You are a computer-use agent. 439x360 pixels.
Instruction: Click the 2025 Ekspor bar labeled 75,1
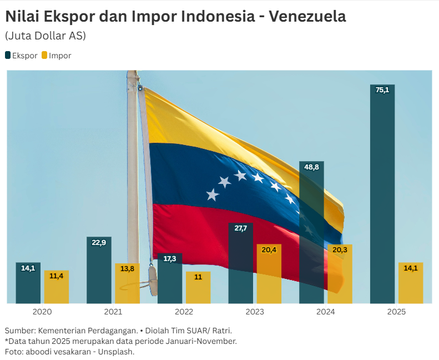(x=382, y=194)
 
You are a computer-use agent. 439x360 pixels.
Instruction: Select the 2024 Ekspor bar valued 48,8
(x=311, y=233)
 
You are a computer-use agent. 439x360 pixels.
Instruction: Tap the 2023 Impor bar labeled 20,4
(x=269, y=274)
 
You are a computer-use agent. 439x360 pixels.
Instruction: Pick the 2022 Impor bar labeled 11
(x=198, y=288)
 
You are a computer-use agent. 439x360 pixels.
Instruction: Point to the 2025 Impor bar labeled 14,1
(x=411, y=283)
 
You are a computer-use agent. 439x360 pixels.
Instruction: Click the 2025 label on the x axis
(x=396, y=312)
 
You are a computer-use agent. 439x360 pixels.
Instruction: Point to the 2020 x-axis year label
(x=42, y=312)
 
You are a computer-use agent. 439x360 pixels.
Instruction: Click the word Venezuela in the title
(x=307, y=17)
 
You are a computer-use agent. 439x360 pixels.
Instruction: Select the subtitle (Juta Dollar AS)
(x=45, y=36)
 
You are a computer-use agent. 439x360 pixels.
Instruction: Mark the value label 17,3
(x=170, y=259)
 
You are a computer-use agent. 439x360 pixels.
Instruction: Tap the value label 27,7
(x=240, y=228)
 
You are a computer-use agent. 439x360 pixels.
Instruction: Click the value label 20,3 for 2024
(x=340, y=250)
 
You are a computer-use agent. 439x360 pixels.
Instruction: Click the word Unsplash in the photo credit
(x=117, y=351)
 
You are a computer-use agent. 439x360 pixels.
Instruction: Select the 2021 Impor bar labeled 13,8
(x=127, y=284)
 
